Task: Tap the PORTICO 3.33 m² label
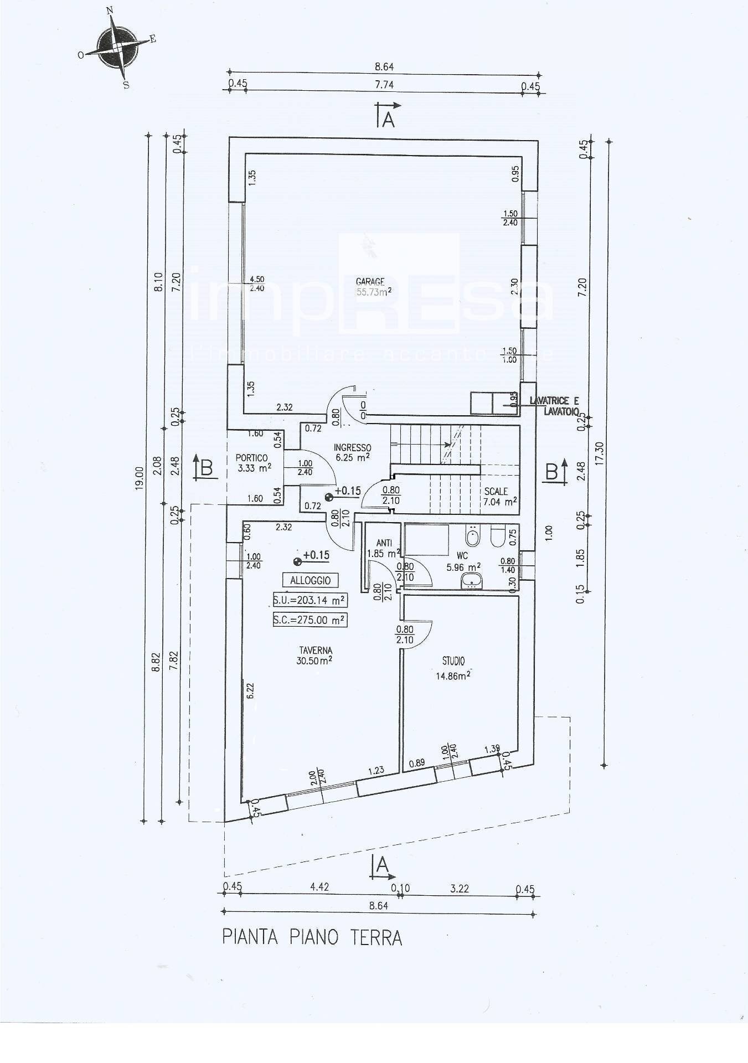pos(253,463)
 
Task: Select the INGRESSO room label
pos(352,452)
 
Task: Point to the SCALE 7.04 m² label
pos(500,497)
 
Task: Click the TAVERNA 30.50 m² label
pos(316,655)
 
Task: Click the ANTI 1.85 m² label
pos(384,548)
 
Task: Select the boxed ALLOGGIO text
pos(310,580)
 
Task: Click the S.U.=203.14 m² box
pos(310,600)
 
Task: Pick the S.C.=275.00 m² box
pos(310,620)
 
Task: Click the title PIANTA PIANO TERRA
pos(312,937)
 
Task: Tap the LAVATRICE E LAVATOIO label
pos(554,406)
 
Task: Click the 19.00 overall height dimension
pos(138,477)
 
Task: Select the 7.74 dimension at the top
pos(384,85)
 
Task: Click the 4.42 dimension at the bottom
pos(319,886)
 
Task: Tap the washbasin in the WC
pos(472,580)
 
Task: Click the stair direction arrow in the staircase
pos(446,444)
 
